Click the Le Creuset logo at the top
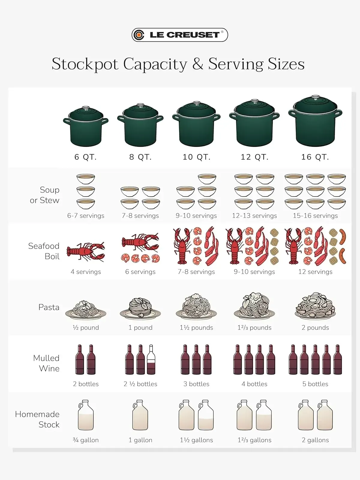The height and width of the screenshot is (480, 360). click(180, 35)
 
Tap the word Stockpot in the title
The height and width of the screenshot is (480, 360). click(85, 64)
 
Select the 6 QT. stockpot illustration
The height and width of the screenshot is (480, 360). click(86, 126)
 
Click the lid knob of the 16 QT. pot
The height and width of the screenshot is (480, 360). click(315, 97)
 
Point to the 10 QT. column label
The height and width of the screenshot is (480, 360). click(196, 157)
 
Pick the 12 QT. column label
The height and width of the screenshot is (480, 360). click(254, 157)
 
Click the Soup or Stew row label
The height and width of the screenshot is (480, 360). click(45, 195)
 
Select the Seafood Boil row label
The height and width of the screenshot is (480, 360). click(44, 251)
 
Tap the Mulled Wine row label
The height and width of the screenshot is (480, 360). click(46, 363)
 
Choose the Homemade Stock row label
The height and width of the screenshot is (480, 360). click(37, 419)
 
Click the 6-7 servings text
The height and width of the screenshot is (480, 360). click(86, 216)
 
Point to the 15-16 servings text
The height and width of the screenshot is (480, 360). click(315, 216)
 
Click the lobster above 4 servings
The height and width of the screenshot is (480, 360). click(86, 252)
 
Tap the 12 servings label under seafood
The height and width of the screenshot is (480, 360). click(315, 272)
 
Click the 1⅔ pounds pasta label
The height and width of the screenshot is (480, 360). click(254, 328)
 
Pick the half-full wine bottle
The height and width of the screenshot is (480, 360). click(151, 359)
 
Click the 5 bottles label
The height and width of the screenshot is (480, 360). click(315, 384)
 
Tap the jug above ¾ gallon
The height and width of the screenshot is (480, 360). click(86, 415)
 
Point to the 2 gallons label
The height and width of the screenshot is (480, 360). click(315, 440)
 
